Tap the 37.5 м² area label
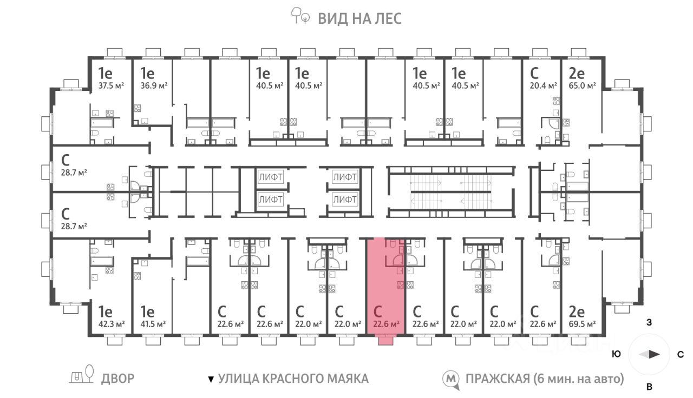[x=111, y=85]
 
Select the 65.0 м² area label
[x=582, y=85]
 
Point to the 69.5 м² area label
[x=582, y=324]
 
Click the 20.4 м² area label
[x=543, y=85]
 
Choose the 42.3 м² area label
[x=112, y=324]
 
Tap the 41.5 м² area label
[x=153, y=324]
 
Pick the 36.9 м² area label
[x=154, y=85]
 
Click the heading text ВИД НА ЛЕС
[x=360, y=18]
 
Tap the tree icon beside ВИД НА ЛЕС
[x=300, y=16]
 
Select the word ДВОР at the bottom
[x=118, y=379]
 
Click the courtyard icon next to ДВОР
[x=81, y=374]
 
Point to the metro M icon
[x=451, y=379]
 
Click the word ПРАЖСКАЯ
[x=498, y=379]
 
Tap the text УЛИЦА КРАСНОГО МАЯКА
[x=293, y=379]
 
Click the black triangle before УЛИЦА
[x=211, y=379]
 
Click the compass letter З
[x=649, y=322]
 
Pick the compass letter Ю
[x=617, y=354]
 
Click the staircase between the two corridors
[x=451, y=192]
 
